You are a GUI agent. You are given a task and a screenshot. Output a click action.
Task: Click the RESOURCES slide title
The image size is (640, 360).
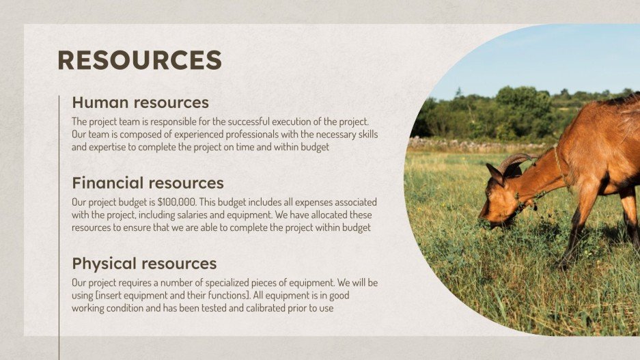click(139, 60)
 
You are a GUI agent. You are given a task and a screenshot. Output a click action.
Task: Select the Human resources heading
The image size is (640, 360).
click(140, 103)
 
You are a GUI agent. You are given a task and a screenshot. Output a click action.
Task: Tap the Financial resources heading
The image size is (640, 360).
click(148, 183)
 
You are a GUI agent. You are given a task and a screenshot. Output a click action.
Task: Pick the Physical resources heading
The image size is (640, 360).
click(144, 264)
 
